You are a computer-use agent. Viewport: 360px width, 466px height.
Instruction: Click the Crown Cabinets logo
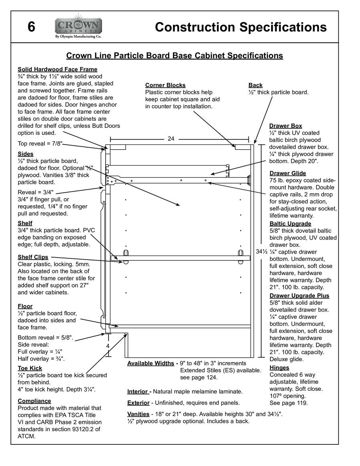click(78, 27)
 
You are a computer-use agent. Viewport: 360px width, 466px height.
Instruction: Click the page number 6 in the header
click(31, 27)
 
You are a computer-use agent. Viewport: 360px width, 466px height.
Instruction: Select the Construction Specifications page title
click(240, 27)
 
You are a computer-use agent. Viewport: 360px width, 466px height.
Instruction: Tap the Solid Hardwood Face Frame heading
click(57, 69)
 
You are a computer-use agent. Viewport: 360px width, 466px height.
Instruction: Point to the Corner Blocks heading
click(165, 85)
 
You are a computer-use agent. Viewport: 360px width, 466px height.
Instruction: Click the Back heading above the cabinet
click(255, 85)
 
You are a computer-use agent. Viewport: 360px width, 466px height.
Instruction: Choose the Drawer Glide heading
click(288, 173)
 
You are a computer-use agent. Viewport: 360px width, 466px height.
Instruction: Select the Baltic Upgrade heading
click(290, 224)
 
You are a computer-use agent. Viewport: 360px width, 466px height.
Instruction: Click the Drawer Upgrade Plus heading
click(299, 296)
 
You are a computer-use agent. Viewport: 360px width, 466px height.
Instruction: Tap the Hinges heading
click(279, 368)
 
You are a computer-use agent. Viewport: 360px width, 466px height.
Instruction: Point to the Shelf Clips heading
click(33, 257)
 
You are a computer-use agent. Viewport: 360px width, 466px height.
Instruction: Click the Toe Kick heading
click(30, 368)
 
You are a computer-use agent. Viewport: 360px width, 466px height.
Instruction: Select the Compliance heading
click(34, 401)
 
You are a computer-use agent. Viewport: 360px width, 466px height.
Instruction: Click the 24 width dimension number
click(171, 139)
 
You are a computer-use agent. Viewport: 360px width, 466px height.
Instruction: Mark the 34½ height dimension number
click(262, 252)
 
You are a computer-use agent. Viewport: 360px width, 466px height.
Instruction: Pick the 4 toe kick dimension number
click(108, 346)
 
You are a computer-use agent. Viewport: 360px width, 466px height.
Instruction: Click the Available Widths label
click(151, 363)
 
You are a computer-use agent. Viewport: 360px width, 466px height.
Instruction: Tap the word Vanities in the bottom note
click(138, 414)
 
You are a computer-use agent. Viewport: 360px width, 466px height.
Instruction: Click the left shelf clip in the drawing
click(126, 256)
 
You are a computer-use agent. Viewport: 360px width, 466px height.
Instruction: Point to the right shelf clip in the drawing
click(240, 256)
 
